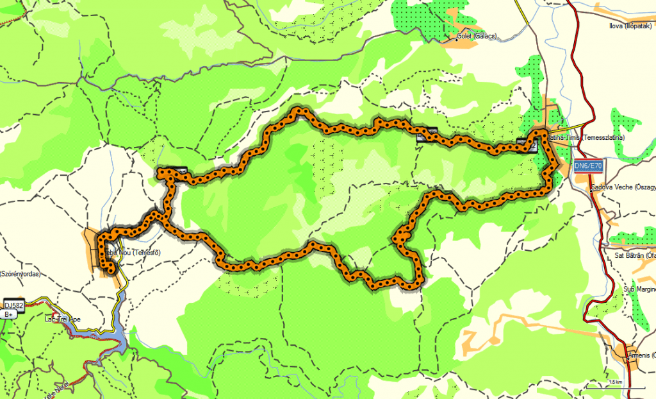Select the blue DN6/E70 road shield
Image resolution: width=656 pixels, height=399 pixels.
tap(588, 166)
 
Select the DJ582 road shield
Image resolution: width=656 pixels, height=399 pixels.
tap(13, 306)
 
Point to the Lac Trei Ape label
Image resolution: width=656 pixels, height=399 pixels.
tap(62, 319)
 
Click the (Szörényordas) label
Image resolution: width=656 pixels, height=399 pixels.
tap(20, 274)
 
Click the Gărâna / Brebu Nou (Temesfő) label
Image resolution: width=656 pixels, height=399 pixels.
tap(131, 253)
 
